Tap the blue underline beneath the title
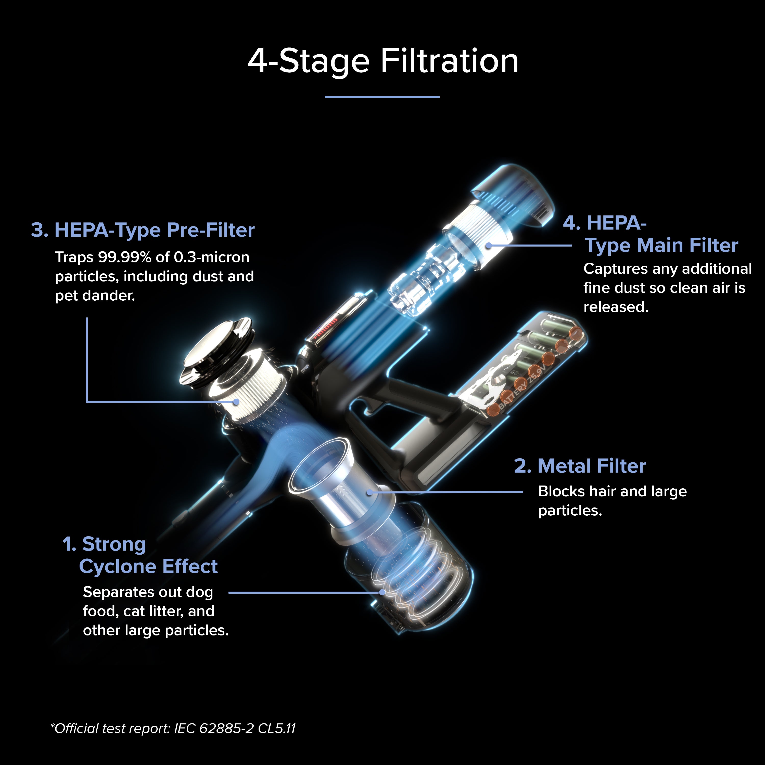[382, 97]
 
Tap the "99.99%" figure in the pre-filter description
[125, 257]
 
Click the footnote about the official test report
[173, 728]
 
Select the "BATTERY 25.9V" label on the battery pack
[523, 387]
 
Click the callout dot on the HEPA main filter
[489, 246]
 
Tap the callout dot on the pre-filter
[236, 402]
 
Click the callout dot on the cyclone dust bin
[382, 592]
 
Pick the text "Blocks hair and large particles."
[612, 501]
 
